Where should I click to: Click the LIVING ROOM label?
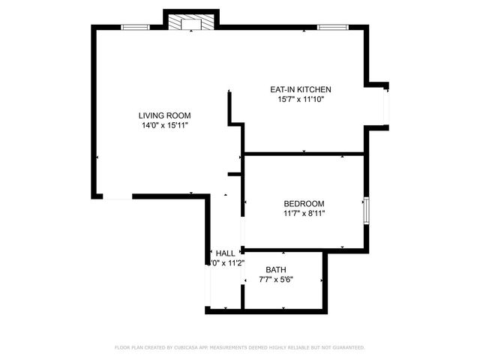[x=164, y=115]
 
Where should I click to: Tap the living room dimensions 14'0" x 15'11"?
[x=164, y=126]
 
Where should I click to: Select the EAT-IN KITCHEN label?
[x=300, y=89]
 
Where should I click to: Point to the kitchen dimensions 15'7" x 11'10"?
[x=300, y=99]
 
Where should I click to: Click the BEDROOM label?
[x=304, y=203]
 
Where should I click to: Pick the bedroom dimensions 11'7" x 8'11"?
[x=304, y=214]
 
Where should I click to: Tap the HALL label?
[x=225, y=253]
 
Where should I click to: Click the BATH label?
[x=276, y=270]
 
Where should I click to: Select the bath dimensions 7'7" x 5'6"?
[x=276, y=280]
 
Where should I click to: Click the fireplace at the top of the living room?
[x=191, y=23]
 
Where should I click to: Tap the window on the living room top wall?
[x=135, y=28]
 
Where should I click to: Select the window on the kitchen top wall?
[x=330, y=28]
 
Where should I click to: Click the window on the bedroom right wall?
[x=366, y=211]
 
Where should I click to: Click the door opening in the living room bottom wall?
[x=117, y=196]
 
